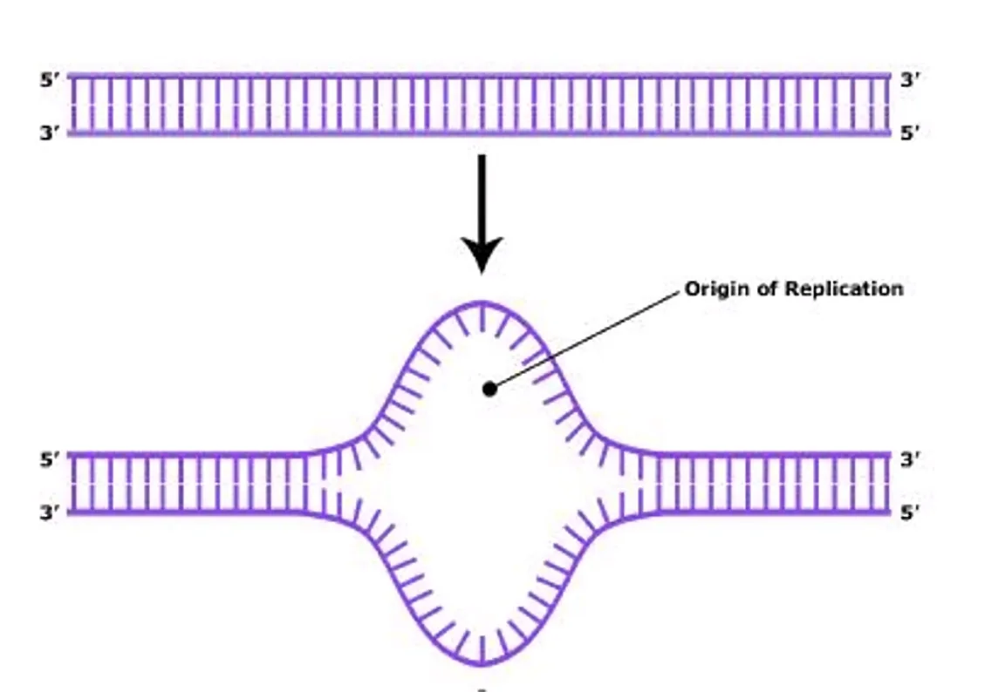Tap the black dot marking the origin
pos(489,389)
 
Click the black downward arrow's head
pos(482,254)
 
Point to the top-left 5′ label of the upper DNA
pos(50,81)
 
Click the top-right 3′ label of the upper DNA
pos(910,80)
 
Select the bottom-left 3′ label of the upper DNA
pos(50,133)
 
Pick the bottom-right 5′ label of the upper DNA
pos(910,133)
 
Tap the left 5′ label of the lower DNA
pos(50,459)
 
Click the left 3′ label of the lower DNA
pos(50,512)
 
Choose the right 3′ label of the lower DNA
pos(910,459)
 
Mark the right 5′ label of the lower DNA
pos(910,512)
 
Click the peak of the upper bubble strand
pos(482,302)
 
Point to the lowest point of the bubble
pos(482,662)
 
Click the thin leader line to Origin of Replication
pos(586,339)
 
